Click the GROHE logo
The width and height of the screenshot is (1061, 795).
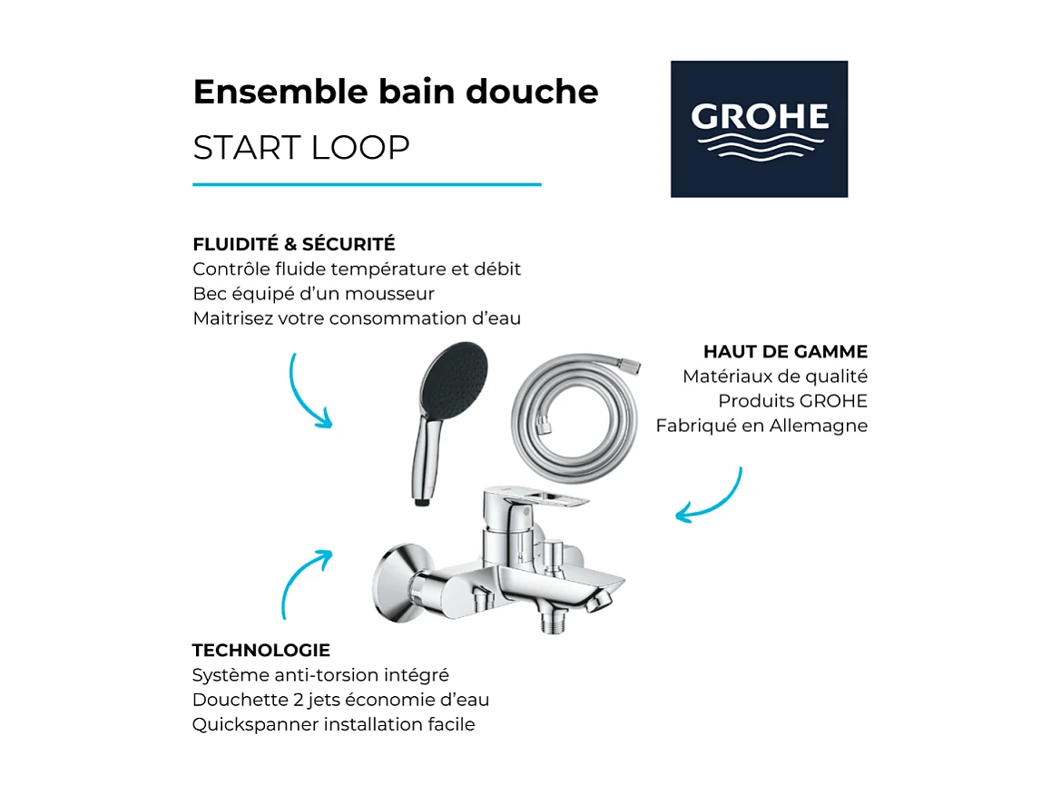pos(759,129)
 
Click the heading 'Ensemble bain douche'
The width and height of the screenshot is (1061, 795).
pos(396,92)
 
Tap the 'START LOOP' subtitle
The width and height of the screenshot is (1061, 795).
pos(301,147)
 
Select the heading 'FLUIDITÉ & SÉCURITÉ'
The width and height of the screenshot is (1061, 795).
pos(294,244)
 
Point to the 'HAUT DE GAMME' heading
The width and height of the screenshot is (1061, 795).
pos(785,351)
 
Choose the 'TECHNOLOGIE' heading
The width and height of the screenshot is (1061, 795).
pos(261,650)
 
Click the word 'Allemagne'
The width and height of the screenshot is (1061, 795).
pos(820,425)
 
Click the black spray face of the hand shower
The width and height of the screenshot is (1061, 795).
pos(454,374)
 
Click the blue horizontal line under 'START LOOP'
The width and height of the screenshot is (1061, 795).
pos(367,184)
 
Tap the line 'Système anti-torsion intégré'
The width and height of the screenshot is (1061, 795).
pos(320,675)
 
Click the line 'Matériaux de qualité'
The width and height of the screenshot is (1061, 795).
pos(775,376)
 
